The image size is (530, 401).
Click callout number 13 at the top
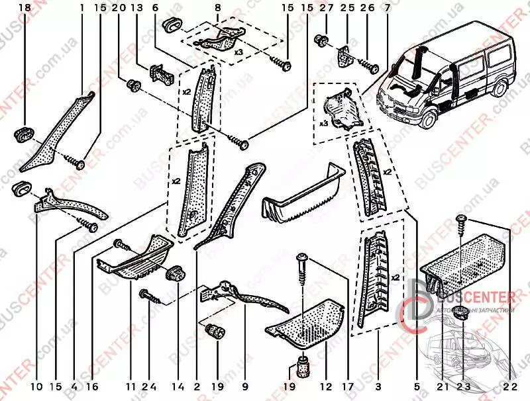137,8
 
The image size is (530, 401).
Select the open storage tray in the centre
301,195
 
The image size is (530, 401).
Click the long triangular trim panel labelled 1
56,132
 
